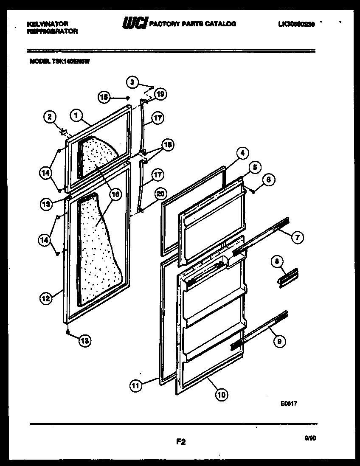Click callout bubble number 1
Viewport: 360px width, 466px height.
tap(76, 115)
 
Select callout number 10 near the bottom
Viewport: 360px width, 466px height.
tap(221, 394)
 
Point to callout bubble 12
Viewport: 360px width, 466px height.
tap(46, 298)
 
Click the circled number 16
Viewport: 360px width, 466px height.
tap(115, 194)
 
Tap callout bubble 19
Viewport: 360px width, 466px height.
tap(160, 94)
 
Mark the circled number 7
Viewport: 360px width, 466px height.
tap(297, 237)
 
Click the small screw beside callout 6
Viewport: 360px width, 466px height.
tap(253, 192)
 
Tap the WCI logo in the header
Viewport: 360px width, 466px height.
tap(135, 24)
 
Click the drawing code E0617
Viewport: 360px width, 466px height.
tap(288, 404)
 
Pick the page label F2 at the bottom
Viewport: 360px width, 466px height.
tap(181, 442)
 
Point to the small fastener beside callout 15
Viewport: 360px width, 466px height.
tap(127, 98)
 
